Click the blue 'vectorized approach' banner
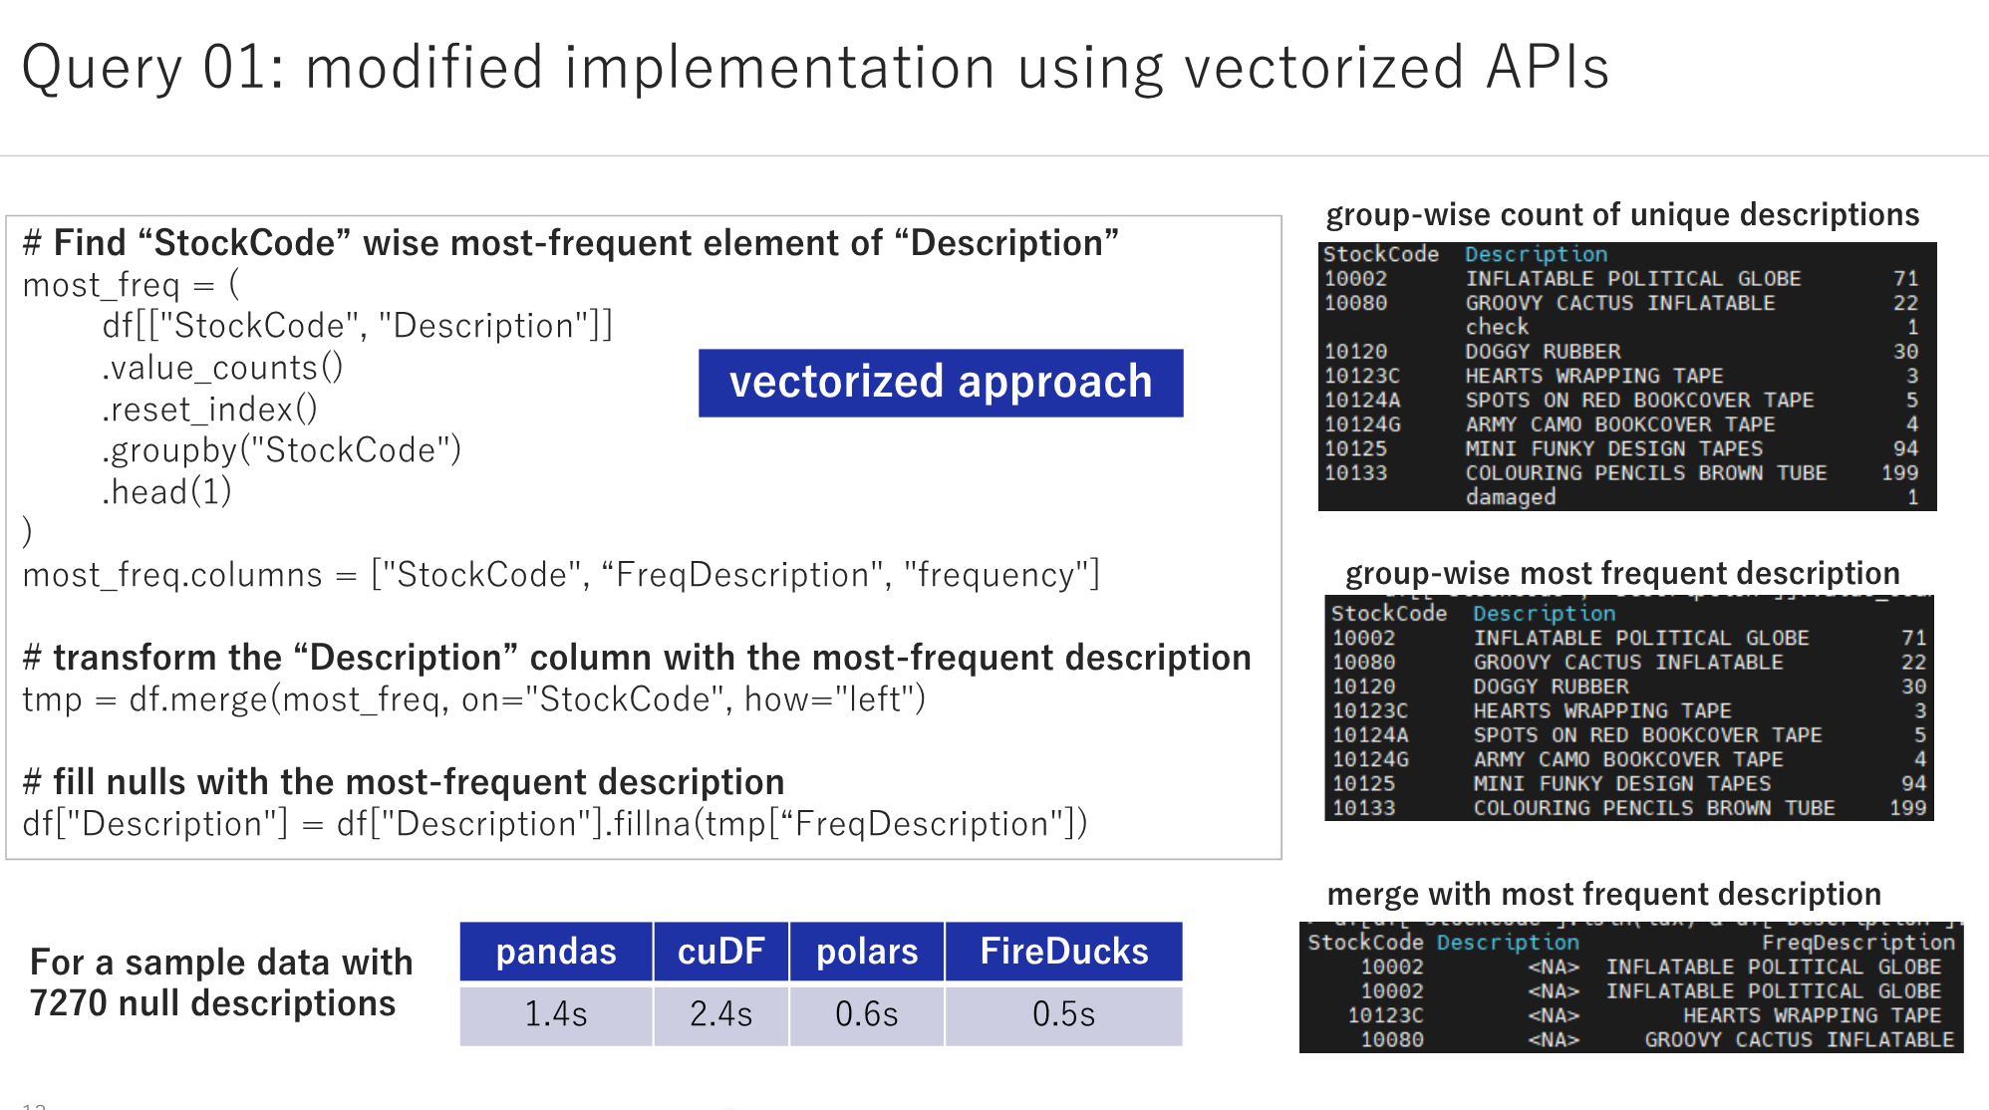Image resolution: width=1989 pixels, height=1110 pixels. point(940,383)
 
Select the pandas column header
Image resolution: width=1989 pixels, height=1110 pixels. point(556,952)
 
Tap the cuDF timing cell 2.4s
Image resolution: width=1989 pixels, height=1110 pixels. point(720,1014)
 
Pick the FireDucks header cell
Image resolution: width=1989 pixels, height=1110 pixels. point(1063,952)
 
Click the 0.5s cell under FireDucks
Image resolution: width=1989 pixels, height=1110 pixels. point(1063,1014)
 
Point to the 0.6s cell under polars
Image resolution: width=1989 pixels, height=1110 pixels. point(866,1014)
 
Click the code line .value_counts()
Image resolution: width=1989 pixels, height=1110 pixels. point(222,368)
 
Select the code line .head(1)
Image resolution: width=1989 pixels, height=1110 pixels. point(166,491)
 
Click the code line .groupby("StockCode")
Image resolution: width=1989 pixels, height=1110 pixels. point(281,450)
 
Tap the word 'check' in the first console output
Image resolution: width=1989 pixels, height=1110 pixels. point(1496,327)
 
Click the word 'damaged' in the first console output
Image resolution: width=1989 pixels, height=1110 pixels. point(1510,497)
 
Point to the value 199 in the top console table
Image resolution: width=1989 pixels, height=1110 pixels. point(1899,473)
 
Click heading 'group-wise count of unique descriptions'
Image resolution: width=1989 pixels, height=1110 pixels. point(1621,214)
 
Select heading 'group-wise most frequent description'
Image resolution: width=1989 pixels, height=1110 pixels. point(1621,573)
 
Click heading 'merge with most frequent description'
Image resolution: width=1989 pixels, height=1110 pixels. point(1603,894)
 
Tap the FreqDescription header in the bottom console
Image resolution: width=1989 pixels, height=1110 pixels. point(1857,943)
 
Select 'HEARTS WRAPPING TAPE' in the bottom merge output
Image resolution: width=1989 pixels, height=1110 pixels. point(1812,1015)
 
